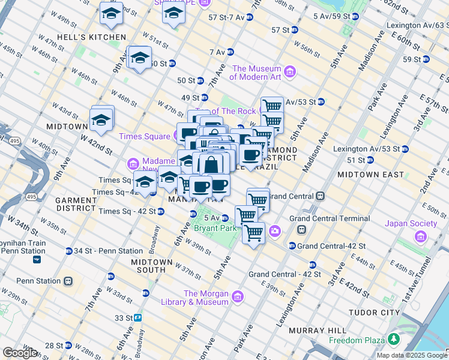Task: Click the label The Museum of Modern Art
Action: point(256,73)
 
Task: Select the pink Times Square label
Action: point(144,136)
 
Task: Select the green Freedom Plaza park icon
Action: point(393,340)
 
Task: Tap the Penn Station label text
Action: point(38,281)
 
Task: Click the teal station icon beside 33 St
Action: point(137,317)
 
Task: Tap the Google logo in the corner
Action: point(20,353)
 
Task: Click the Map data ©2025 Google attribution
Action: point(411,355)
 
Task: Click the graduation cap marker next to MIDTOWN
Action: point(101,121)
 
